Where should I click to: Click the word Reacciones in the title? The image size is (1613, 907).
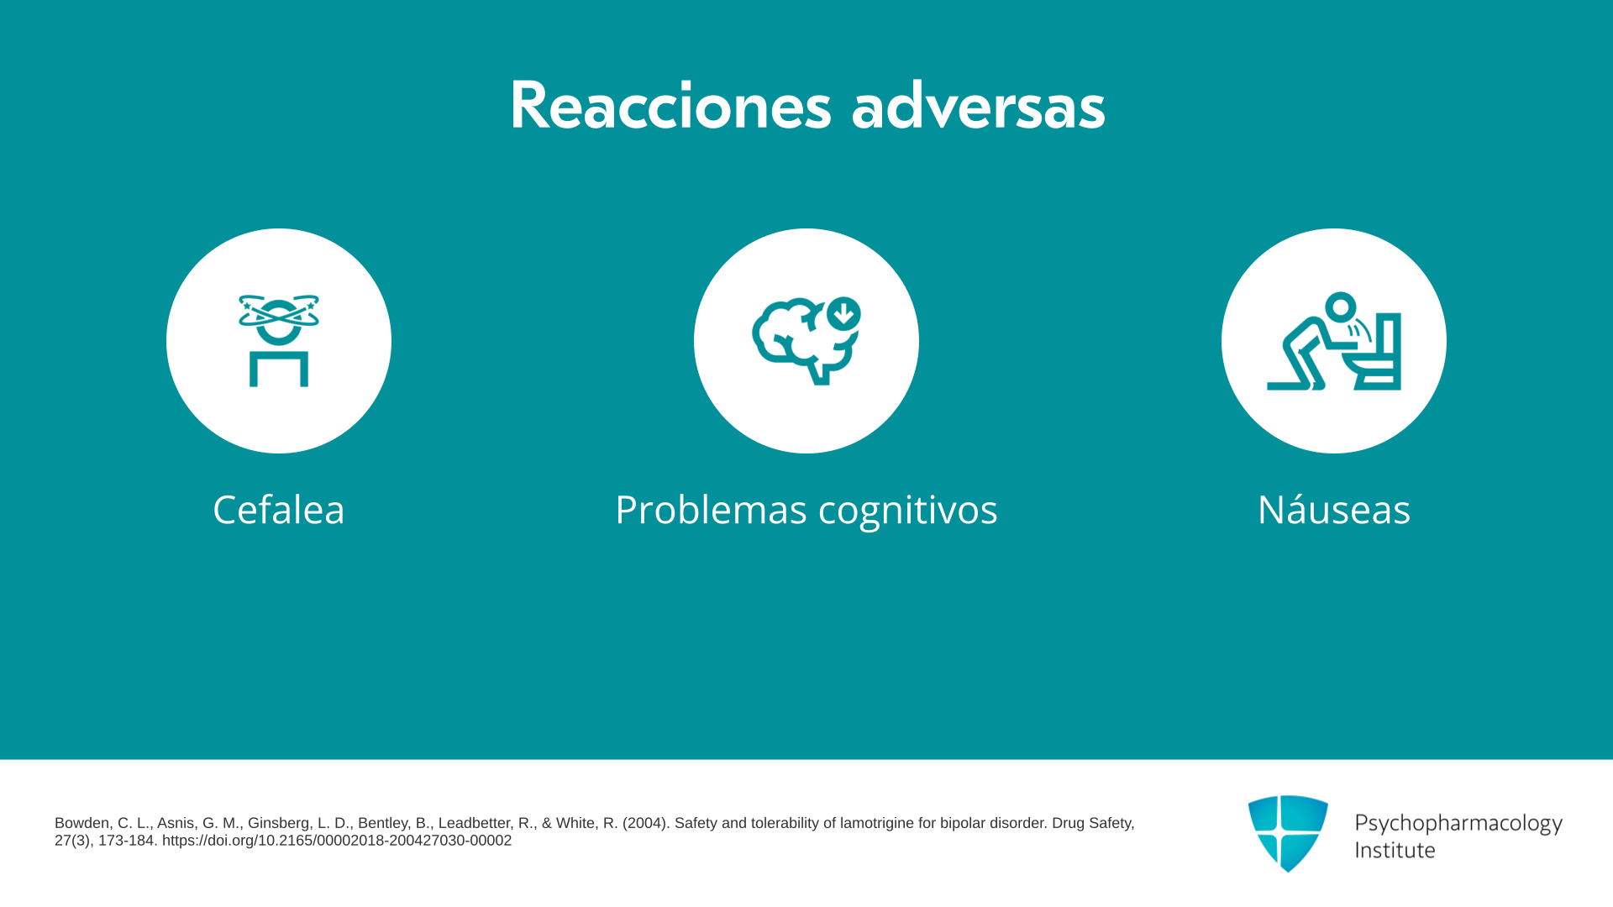670,106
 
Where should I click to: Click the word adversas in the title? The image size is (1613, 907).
978,106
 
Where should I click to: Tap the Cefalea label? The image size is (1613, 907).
279,509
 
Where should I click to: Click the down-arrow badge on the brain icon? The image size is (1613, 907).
843,314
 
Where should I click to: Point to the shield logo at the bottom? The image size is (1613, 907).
1288,833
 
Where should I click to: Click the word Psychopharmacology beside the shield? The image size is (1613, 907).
1458,823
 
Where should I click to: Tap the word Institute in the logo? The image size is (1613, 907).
1395,850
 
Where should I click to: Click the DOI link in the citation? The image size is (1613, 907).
337,841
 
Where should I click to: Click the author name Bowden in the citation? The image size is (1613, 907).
82,823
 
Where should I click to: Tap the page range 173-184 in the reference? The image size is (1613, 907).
126,841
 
